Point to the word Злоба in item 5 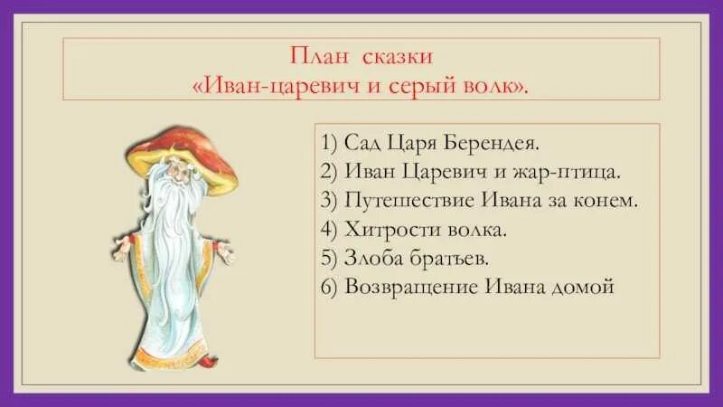[371, 259]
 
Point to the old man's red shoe [209, 361]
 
